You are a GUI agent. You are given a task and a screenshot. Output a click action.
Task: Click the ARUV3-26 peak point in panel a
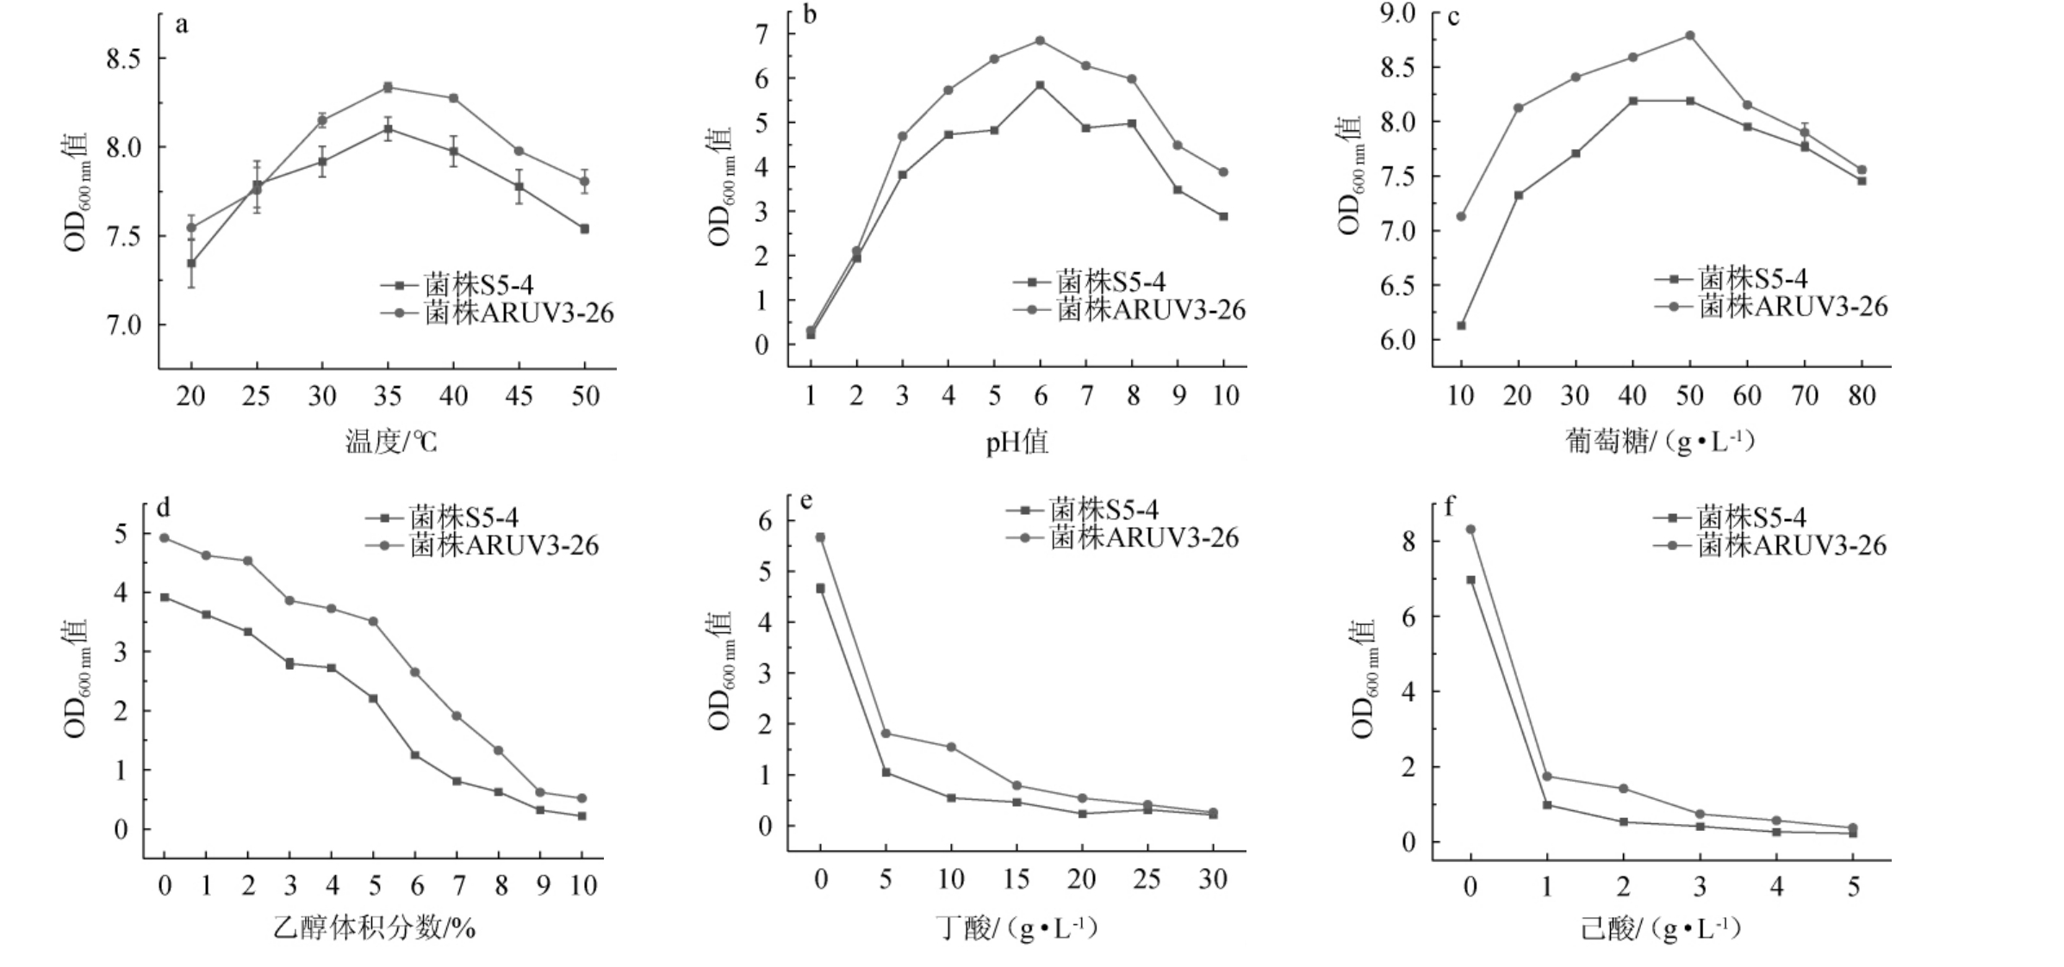(388, 87)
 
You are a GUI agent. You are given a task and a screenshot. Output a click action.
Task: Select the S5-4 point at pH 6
(1040, 85)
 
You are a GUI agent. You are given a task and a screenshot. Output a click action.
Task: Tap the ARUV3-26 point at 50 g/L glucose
(1689, 36)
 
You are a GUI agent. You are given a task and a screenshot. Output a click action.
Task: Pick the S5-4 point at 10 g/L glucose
(1461, 325)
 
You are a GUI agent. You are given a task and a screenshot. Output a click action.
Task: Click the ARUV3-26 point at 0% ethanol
(165, 538)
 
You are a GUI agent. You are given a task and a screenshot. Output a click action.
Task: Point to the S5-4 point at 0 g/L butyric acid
(820, 589)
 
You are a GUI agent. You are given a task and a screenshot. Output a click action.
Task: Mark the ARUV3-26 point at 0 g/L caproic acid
(1470, 530)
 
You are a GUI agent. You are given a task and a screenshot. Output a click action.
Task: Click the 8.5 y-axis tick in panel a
(123, 59)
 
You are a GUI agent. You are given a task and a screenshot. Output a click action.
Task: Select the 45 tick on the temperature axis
(519, 396)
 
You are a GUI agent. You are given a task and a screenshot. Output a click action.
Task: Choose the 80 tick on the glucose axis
(1862, 396)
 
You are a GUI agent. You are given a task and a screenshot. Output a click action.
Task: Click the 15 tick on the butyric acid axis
(1016, 879)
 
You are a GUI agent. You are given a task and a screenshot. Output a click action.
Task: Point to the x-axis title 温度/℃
(391, 443)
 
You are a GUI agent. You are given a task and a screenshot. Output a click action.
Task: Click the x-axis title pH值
(1016, 443)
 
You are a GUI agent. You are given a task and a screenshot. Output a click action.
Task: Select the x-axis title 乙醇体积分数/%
(375, 928)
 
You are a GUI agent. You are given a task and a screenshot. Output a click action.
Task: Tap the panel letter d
(163, 507)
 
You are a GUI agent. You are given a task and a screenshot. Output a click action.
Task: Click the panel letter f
(1450, 507)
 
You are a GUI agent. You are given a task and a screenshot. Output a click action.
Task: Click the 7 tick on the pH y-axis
(761, 34)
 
